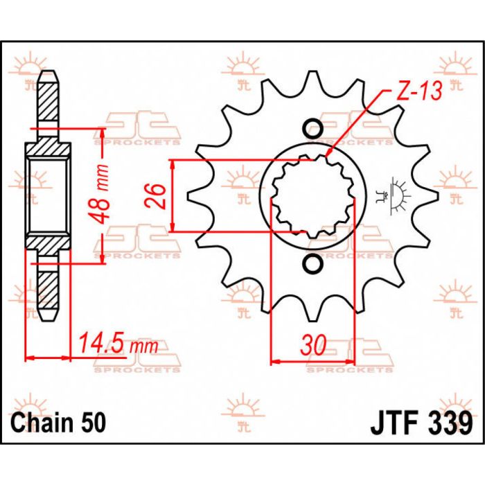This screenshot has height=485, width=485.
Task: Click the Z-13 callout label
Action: pos(419,91)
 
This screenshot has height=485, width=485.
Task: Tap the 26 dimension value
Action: pos(156,196)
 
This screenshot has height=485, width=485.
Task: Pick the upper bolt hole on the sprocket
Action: pos(313,128)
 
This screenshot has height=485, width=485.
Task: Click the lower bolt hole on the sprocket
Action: pos(313,264)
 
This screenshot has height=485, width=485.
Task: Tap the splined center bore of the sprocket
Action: pos(313,196)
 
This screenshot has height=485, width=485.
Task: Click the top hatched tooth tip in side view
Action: pos(48,97)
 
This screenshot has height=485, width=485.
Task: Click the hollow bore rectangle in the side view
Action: pos(48,196)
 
